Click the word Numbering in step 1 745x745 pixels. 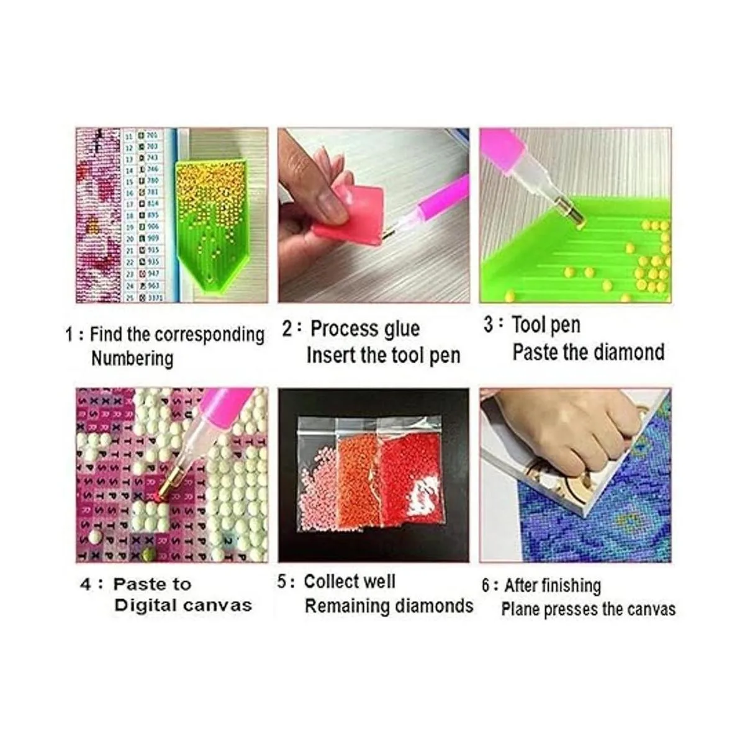(x=132, y=359)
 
